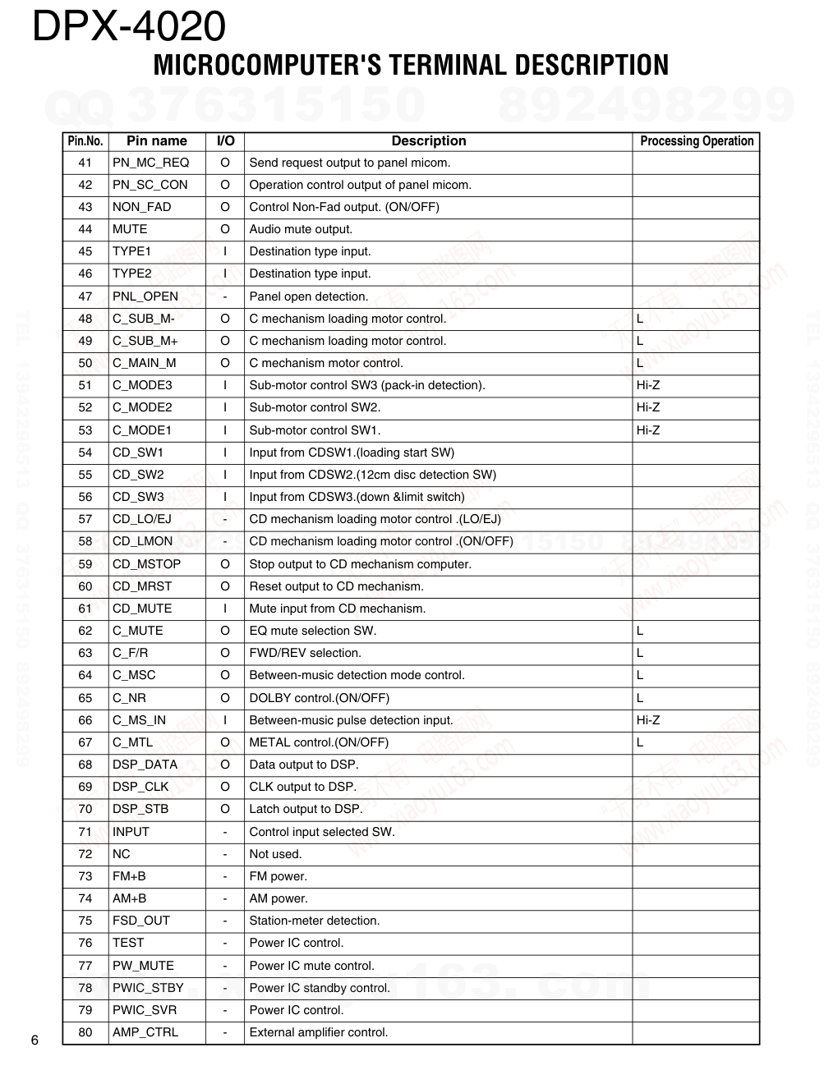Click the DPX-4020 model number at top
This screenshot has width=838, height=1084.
pos(129,26)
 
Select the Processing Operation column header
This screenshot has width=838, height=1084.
pos(697,141)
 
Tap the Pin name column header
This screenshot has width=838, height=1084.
pos(157,141)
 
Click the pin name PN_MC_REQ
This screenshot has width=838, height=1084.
pos(150,163)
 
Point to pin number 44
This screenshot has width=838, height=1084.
pos(85,229)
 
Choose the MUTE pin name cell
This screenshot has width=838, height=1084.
pos(130,229)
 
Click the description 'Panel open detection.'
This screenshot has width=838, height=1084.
pos(309,296)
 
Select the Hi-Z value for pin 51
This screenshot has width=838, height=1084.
pos(648,385)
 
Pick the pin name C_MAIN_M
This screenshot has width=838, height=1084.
pos(144,363)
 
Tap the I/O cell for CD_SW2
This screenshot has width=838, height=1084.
pos(225,475)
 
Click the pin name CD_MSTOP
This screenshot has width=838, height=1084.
pos(146,564)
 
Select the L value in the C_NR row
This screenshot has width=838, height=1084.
pos(640,698)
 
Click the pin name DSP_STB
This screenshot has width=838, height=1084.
pos(140,809)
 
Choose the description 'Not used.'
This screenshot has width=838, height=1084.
pos(275,854)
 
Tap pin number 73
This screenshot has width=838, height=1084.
pos(85,876)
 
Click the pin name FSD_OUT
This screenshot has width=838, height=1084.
pos(140,921)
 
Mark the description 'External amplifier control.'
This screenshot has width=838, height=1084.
pos(319,1032)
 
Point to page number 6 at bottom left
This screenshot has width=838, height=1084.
pos(35,1041)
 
